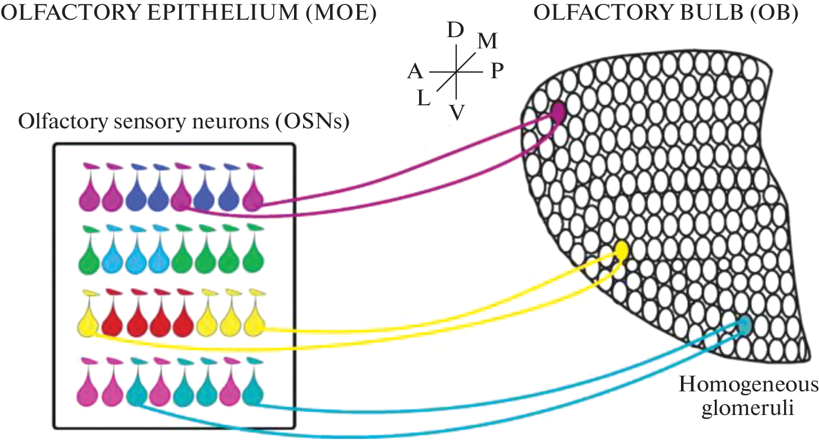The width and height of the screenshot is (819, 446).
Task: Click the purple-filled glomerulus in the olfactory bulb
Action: (x=558, y=112)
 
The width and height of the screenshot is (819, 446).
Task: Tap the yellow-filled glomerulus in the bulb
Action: (x=621, y=249)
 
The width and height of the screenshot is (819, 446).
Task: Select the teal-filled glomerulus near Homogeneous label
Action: (x=744, y=325)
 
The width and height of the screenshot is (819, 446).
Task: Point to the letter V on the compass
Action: (x=457, y=113)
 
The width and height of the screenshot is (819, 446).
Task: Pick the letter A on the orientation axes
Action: (x=415, y=72)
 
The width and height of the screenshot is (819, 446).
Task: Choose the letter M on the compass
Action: (x=487, y=41)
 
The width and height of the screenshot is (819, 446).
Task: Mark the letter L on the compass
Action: (x=424, y=99)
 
